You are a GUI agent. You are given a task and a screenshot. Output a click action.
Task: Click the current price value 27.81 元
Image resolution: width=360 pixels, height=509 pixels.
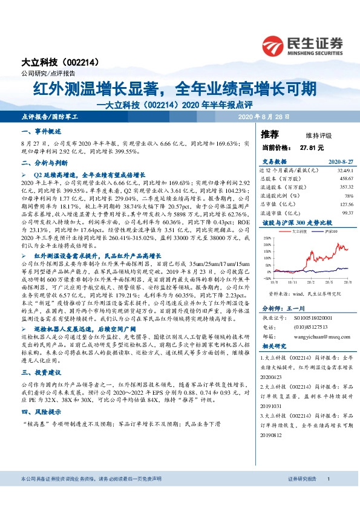312,147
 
